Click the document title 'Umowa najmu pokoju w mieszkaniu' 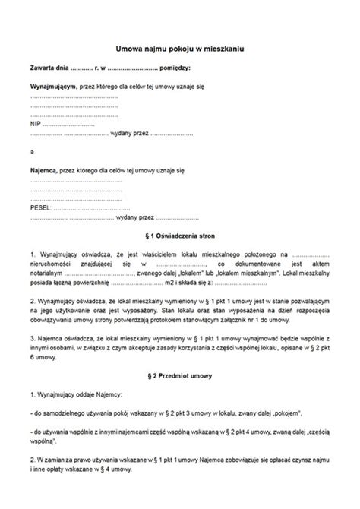pos(179,47)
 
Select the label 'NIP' pos(35,120)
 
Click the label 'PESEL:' pos(41,206)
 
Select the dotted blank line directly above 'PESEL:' pos(76,195)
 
